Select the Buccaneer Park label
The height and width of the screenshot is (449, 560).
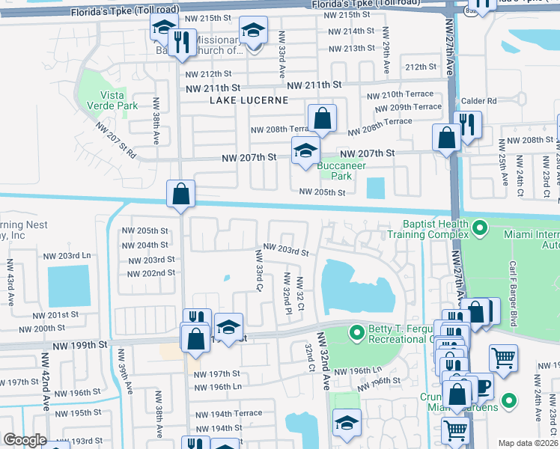click(x=335, y=171)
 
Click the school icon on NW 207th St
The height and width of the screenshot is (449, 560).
click(x=305, y=150)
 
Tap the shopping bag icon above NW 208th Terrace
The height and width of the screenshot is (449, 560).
click(x=322, y=118)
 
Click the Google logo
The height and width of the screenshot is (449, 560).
click(x=25, y=440)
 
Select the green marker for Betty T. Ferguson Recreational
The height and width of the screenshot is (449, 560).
click(x=357, y=331)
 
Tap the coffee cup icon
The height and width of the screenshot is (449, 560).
click(x=482, y=387)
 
